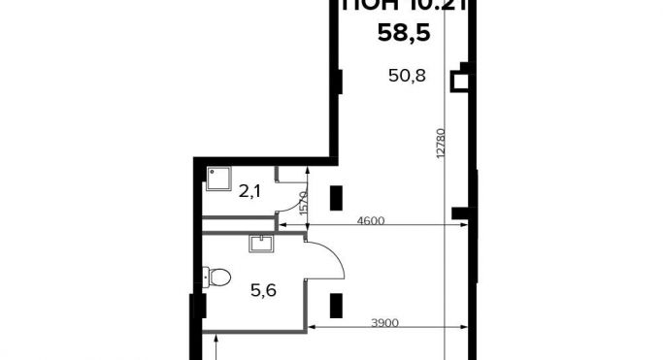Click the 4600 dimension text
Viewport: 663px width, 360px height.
click(x=371, y=221)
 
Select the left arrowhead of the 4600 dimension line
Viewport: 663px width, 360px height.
click(x=312, y=228)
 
